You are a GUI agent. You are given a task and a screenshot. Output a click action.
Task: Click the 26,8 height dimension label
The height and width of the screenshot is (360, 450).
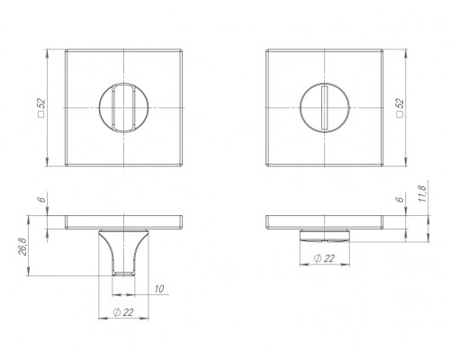[23, 247]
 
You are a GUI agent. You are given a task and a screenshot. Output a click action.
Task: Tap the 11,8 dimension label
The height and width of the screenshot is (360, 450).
[422, 193]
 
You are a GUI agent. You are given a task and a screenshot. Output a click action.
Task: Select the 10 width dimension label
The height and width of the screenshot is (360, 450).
[159, 289]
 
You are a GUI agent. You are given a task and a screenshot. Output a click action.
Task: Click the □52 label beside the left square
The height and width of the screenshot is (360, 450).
[41, 107]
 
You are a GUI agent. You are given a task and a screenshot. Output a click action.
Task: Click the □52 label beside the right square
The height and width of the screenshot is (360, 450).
[400, 107]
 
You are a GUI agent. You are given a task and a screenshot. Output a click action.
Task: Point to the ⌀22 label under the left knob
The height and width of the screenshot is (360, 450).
[123, 312]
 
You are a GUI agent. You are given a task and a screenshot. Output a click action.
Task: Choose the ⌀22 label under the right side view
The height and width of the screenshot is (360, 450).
[324, 258]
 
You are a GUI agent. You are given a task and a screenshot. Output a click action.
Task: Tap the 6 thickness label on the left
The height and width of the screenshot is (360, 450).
[42, 199]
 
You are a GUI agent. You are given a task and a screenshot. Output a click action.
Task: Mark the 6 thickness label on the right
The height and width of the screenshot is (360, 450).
[400, 199]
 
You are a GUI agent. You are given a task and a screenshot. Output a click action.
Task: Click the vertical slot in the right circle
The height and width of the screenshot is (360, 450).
[324, 108]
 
